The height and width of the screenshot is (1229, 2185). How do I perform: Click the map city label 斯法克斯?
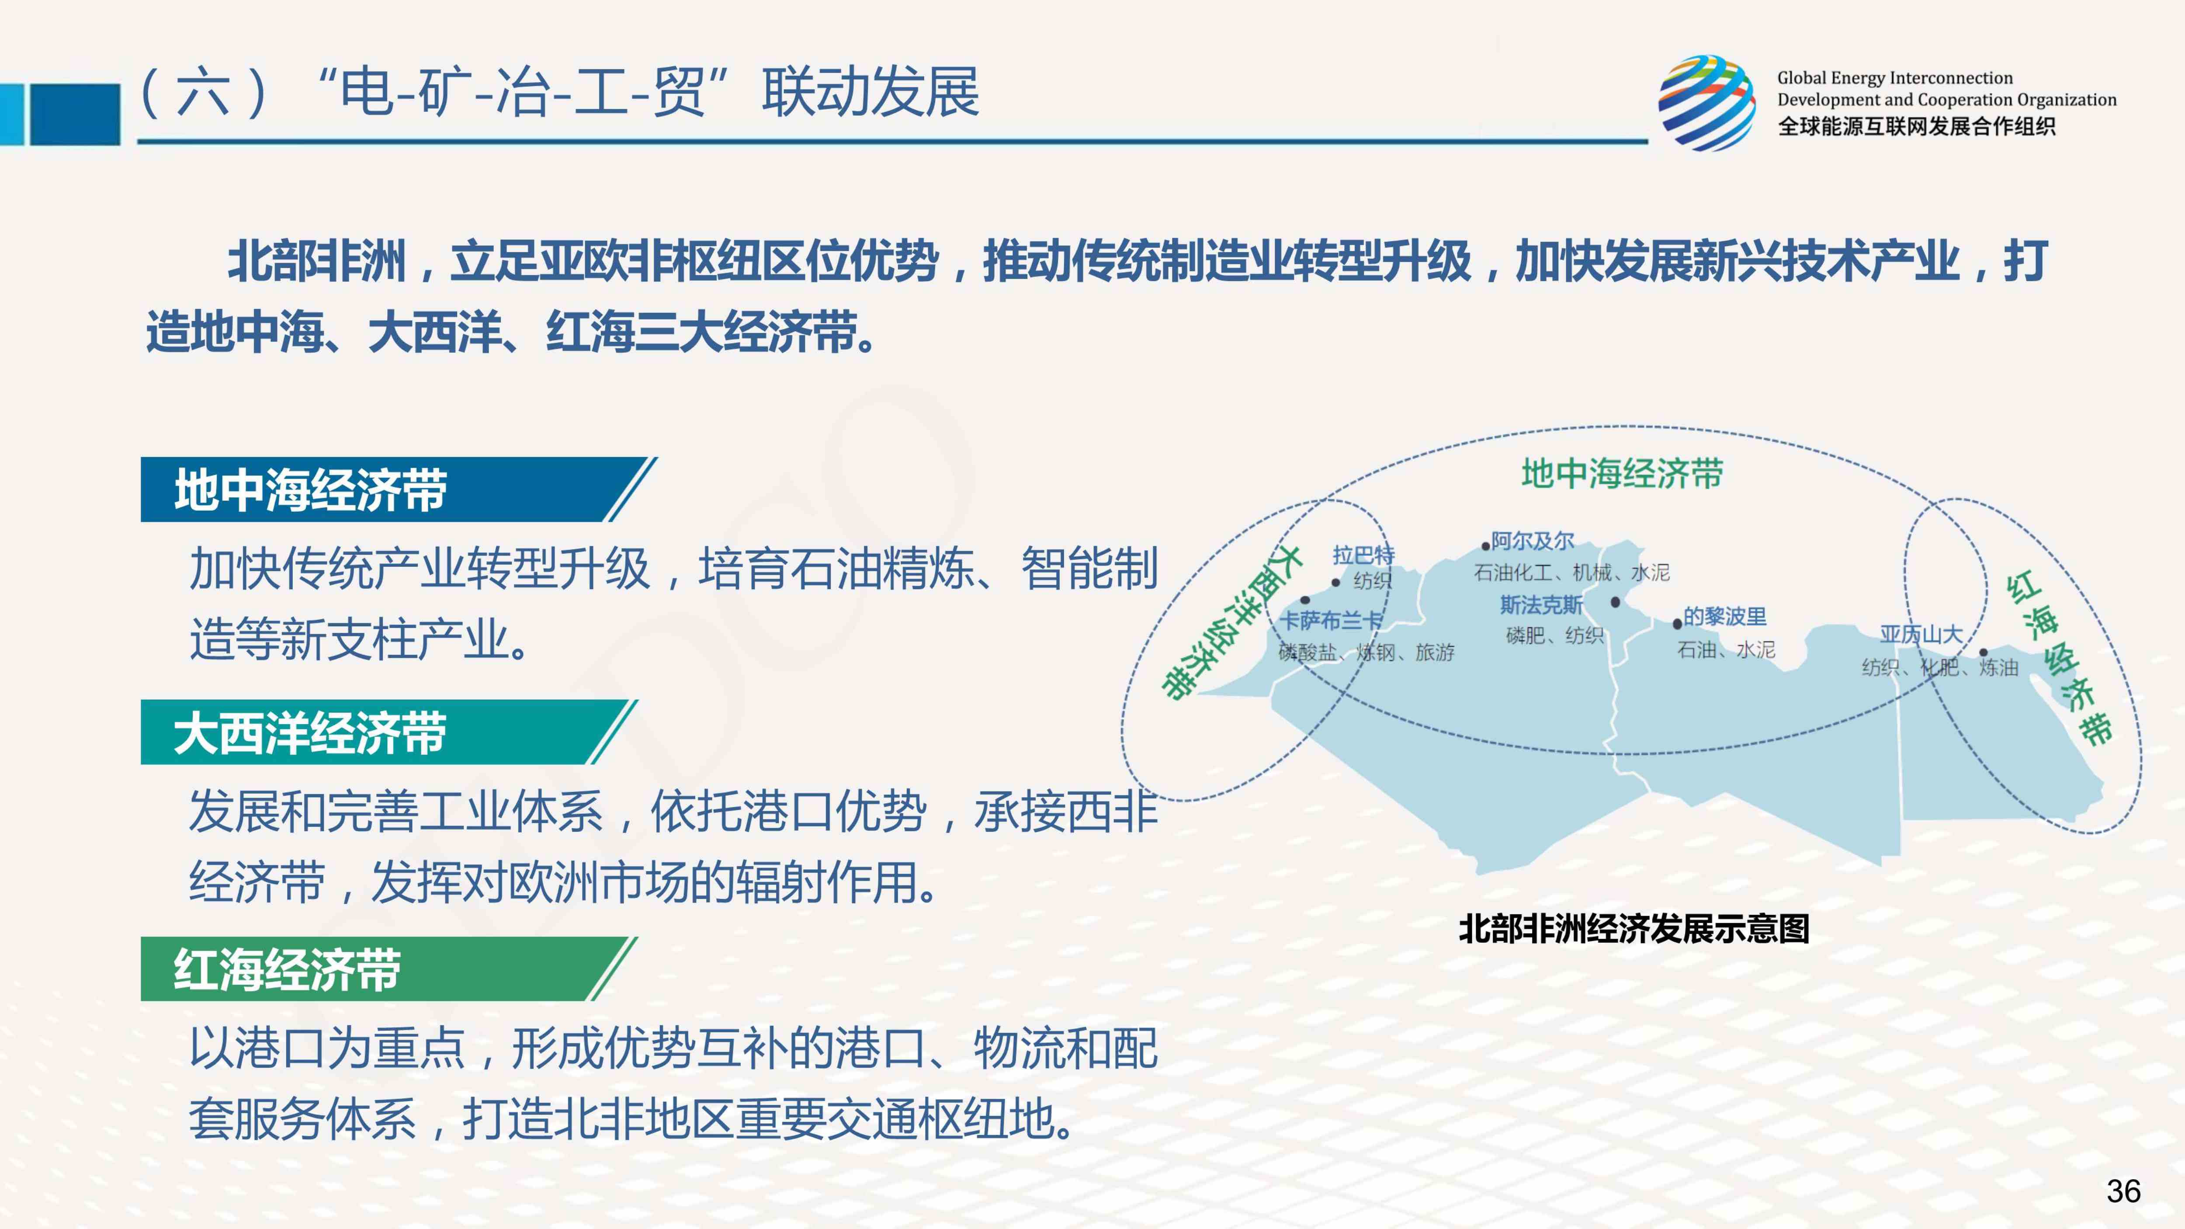point(1541,605)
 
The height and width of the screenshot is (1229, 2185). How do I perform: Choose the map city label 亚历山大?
point(1921,635)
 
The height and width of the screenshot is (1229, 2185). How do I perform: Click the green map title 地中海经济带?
point(1622,473)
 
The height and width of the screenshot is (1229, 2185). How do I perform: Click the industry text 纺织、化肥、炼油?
point(1940,667)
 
